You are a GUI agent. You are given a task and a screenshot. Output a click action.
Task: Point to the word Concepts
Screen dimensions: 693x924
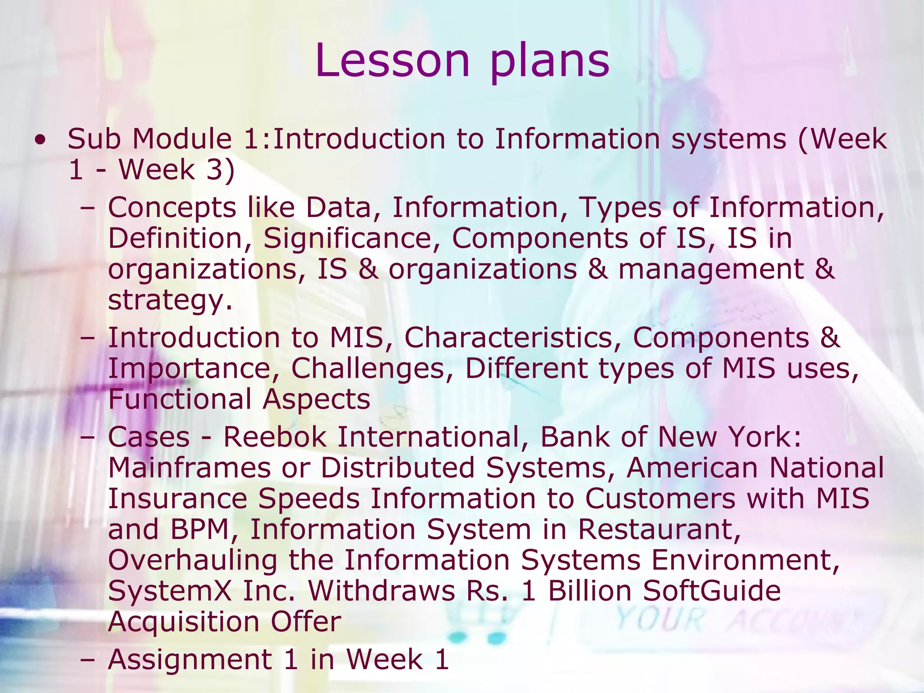point(172,208)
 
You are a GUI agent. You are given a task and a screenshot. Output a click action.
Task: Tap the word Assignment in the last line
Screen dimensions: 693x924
point(190,660)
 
